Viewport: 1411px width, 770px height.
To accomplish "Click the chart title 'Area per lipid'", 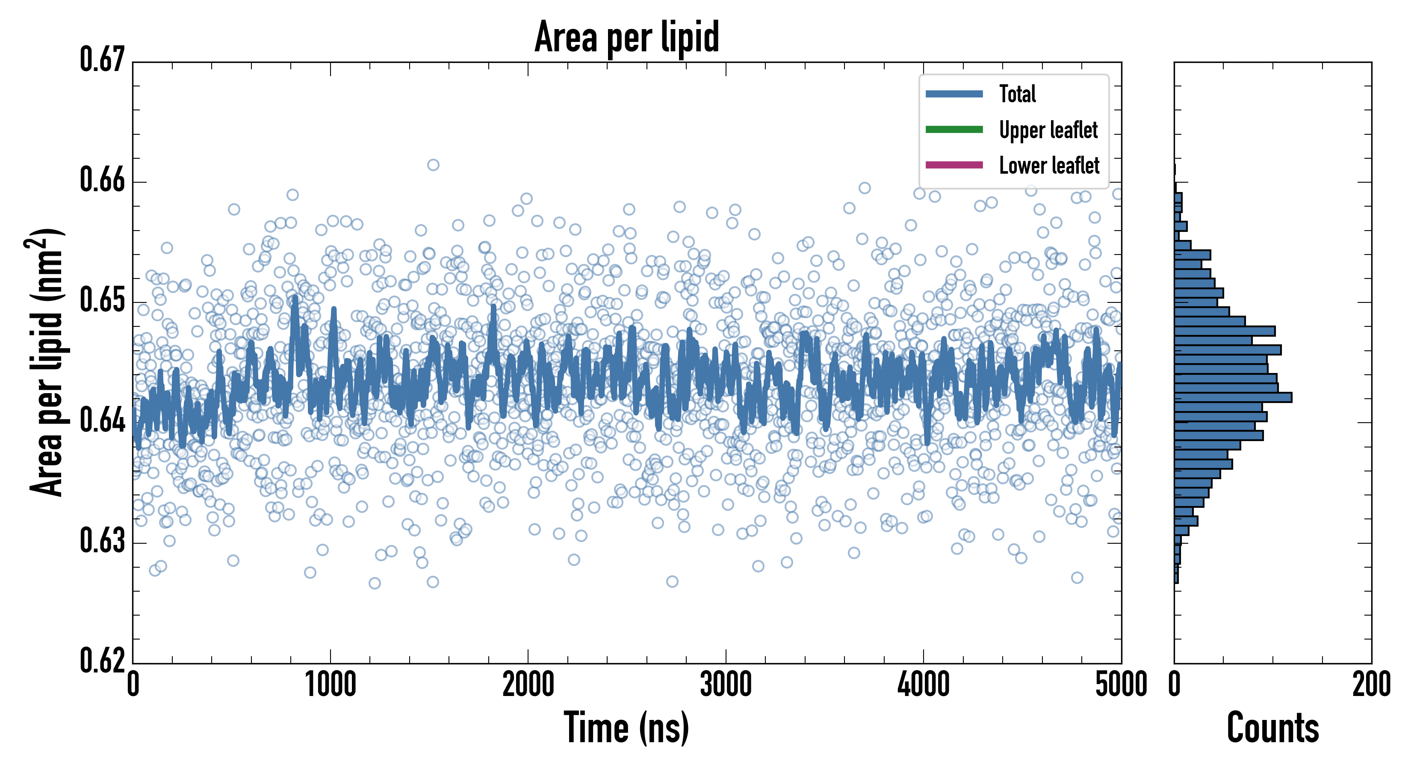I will click(x=627, y=37).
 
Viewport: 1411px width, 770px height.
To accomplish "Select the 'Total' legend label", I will click(x=1017, y=94).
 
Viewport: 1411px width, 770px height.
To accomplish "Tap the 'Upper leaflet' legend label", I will click(x=1048, y=130).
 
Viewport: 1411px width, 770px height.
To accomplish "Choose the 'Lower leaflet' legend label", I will click(x=1049, y=166).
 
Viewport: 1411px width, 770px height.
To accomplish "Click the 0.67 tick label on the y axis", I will click(x=103, y=60).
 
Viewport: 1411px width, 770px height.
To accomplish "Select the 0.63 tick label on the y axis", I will click(x=103, y=542).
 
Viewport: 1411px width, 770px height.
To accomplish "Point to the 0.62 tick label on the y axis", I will click(x=103, y=661).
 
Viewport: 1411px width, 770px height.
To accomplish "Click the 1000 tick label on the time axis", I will click(x=330, y=685).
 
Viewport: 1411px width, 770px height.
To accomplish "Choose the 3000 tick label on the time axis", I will click(x=726, y=685).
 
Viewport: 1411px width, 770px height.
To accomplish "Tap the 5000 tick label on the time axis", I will click(x=1121, y=685).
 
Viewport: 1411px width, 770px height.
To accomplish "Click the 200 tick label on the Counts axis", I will click(x=1371, y=685).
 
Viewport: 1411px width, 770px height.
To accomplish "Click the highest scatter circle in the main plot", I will click(x=433, y=165).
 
